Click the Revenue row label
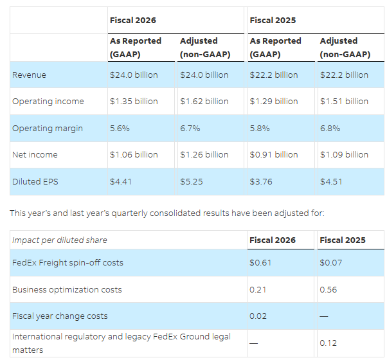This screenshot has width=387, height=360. (x=29, y=75)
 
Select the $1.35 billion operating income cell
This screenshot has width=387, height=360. (x=133, y=101)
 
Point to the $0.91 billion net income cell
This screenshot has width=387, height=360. (x=273, y=154)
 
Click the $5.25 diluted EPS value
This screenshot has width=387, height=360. (x=191, y=181)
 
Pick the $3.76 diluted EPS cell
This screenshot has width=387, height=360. (x=260, y=181)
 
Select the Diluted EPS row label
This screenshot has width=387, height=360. (x=35, y=181)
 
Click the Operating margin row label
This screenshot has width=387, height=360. (x=47, y=128)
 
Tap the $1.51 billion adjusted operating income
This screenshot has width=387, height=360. (x=344, y=101)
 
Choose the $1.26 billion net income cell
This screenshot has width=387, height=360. (x=204, y=154)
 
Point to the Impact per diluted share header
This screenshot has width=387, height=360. (x=59, y=240)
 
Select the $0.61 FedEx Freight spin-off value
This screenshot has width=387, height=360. (x=260, y=262)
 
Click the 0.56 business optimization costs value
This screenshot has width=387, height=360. (x=328, y=289)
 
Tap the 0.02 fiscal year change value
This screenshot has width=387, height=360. (x=258, y=316)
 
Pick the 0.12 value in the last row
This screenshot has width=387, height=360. (x=328, y=343)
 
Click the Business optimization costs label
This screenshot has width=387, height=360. (x=67, y=289)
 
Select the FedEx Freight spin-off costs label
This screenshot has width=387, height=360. (x=67, y=262)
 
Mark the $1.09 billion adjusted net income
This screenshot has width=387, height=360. (x=344, y=154)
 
